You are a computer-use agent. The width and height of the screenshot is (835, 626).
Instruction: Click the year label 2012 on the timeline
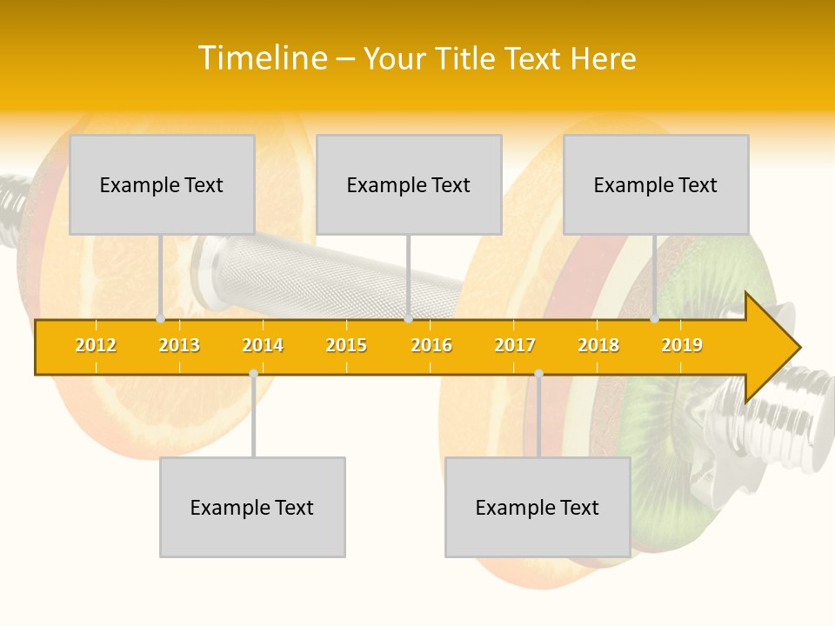tap(96, 345)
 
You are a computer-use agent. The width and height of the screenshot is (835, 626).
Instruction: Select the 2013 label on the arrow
tap(179, 345)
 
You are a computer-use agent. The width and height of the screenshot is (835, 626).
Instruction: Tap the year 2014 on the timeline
tap(263, 345)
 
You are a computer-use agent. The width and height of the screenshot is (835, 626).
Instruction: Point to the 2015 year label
tap(346, 345)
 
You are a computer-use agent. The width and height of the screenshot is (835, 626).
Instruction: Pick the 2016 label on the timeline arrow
tap(431, 345)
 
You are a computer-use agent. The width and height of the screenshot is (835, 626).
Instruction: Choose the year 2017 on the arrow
tap(515, 345)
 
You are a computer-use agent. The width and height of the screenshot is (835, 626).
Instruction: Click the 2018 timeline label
tap(598, 345)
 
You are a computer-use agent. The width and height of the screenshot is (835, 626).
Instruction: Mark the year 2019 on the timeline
tap(682, 345)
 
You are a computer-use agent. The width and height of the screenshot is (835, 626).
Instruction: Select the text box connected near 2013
tap(162, 184)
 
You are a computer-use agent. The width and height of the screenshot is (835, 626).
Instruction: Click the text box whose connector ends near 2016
tap(409, 184)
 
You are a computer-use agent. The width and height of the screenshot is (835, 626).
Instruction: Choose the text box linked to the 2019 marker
tap(656, 184)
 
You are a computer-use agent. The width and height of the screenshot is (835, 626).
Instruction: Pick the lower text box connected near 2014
tap(252, 507)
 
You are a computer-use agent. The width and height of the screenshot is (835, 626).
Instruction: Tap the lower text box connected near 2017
tap(538, 507)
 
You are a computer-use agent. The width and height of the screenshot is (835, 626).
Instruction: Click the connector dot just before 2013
tap(160, 319)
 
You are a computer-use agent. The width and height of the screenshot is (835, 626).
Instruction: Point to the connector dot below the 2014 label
tap(253, 374)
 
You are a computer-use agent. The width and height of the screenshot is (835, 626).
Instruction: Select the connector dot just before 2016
tap(408, 319)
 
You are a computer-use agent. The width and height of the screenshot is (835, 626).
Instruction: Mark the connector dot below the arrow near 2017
tap(538, 374)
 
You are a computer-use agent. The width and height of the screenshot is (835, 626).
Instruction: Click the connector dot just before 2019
tap(655, 319)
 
